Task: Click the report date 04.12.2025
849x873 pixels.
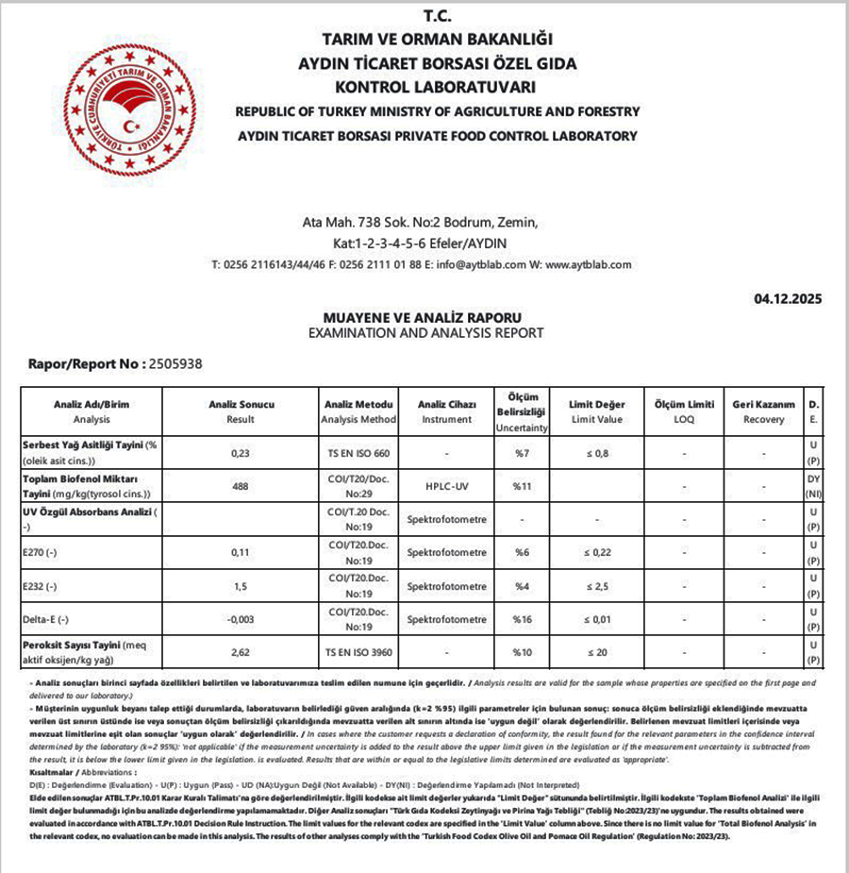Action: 788,299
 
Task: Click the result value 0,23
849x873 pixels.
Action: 239,453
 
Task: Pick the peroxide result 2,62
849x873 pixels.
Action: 239,651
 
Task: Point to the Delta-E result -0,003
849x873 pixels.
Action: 239,619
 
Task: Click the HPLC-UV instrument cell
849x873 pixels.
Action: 445,486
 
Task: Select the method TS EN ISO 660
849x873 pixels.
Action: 358,453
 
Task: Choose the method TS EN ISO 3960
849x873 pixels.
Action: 358,651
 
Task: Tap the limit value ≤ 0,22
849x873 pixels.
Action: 596,552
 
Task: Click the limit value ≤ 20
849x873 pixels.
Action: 596,651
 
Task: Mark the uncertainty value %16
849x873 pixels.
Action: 523,619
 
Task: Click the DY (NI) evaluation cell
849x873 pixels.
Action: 813,487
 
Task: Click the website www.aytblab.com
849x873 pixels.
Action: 588,265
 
